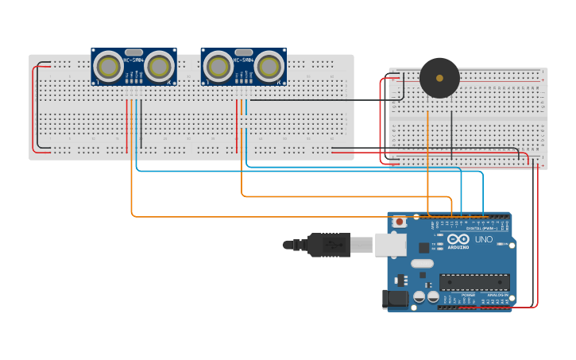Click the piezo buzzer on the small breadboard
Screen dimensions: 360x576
click(439, 78)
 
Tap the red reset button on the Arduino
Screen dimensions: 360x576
click(400, 222)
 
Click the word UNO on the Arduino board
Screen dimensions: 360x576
click(483, 239)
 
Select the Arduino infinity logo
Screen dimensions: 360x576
click(458, 239)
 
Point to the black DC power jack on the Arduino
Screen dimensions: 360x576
click(395, 299)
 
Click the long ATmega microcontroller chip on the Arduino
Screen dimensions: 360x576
click(474, 281)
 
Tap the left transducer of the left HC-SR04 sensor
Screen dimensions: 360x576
click(108, 68)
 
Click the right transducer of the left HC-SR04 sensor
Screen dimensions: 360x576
click(160, 68)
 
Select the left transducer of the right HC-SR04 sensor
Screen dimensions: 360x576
click(218, 68)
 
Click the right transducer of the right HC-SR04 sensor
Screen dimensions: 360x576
click(269, 68)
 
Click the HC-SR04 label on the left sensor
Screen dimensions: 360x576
click(133, 60)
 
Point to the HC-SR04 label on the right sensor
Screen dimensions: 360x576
click(243, 60)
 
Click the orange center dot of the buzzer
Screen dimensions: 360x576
click(439, 78)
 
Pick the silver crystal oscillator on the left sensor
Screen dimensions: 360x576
click(133, 52)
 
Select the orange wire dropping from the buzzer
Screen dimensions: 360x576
click(428, 159)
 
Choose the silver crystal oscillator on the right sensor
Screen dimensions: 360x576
click(243, 52)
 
